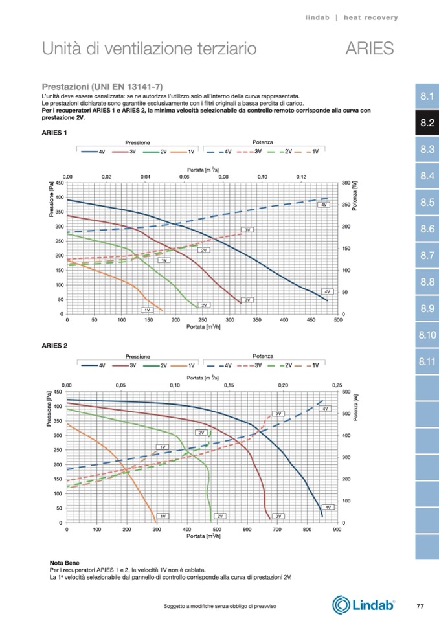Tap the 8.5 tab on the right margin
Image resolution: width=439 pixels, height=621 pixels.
click(x=426, y=203)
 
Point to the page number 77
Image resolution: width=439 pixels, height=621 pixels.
click(x=420, y=605)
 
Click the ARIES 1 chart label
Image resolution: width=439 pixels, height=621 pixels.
click(x=54, y=133)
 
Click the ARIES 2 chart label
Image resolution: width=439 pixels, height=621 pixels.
click(x=54, y=346)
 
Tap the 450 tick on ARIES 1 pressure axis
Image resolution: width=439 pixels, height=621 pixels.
click(x=58, y=183)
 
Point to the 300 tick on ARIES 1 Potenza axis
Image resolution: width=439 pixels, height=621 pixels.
click(x=346, y=183)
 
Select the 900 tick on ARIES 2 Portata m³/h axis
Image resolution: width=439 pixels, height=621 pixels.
click(x=337, y=529)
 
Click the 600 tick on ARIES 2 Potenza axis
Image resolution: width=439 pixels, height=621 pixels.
click(x=346, y=392)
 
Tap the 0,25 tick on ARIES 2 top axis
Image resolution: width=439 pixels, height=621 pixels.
click(x=337, y=385)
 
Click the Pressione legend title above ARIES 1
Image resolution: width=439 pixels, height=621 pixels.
click(x=138, y=142)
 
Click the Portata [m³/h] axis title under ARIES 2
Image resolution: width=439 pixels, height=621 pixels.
click(x=201, y=536)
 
